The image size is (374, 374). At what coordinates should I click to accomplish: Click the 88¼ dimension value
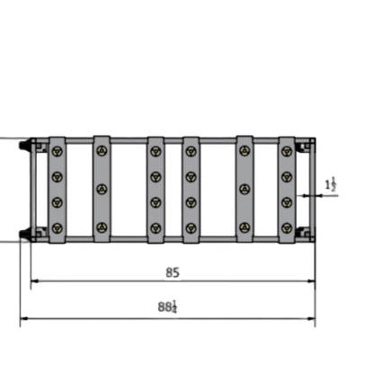pos(167,307)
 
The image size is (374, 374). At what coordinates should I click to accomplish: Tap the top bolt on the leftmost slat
pos(57,150)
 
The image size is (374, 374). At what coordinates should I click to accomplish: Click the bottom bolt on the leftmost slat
pos(57,227)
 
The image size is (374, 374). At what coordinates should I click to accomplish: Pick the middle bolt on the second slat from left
pos(102,189)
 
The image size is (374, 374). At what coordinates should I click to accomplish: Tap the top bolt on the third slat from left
pos(156,150)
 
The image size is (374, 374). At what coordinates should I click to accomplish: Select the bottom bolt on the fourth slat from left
pos(191,227)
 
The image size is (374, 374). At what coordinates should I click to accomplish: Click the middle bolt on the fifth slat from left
pos(245,189)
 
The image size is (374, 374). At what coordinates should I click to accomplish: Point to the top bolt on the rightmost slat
pos(287,150)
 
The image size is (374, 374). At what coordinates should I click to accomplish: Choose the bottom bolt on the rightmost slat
pos(287,227)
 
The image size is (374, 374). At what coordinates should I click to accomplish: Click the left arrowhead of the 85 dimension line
pos(34,281)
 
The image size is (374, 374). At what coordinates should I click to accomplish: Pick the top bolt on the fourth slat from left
pos(191,150)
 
